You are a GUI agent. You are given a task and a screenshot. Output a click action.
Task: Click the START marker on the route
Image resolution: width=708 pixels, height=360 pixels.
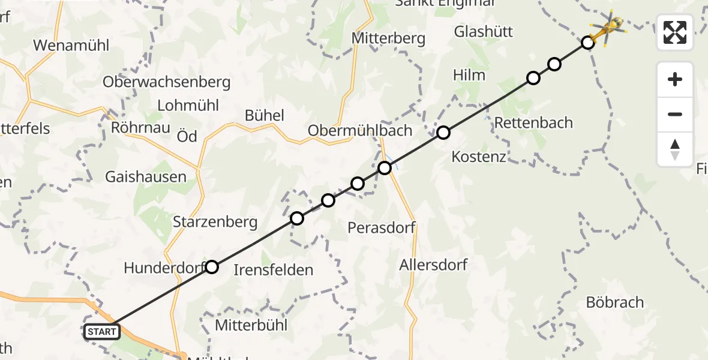pos(102,331)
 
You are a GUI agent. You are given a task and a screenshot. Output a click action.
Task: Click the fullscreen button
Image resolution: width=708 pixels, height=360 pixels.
pos(675,32)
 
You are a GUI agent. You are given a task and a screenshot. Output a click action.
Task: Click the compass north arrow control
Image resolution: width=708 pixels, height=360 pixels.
pos(675,149)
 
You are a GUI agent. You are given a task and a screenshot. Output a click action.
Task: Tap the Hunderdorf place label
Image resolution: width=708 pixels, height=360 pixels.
pos(163,268)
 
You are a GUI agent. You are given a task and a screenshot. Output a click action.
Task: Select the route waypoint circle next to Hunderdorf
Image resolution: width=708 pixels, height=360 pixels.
pos(212,267)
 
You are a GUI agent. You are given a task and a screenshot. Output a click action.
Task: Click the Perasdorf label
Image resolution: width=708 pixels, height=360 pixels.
pos(382,228)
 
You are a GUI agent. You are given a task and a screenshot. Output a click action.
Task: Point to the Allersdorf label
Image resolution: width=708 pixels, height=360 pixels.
pos(433,265)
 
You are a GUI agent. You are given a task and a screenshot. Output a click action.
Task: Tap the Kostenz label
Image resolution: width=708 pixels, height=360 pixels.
pos(479,157)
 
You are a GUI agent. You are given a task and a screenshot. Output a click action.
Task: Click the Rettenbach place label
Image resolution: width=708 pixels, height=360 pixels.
pos(533,123)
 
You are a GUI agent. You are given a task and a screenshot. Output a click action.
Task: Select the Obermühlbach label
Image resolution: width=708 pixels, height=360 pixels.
pos(360,130)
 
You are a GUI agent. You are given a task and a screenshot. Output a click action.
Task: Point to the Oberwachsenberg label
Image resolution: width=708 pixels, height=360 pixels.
pos(167,82)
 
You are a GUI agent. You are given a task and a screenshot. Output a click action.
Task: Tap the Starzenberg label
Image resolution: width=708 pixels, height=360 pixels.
pos(215,222)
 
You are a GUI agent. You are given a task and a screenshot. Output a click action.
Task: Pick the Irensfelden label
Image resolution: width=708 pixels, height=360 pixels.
pos(273,270)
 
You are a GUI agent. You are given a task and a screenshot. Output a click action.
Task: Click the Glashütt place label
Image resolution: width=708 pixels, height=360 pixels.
pos(484,31)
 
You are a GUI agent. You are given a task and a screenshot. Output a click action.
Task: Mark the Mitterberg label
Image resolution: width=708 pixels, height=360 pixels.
pos(389,38)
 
